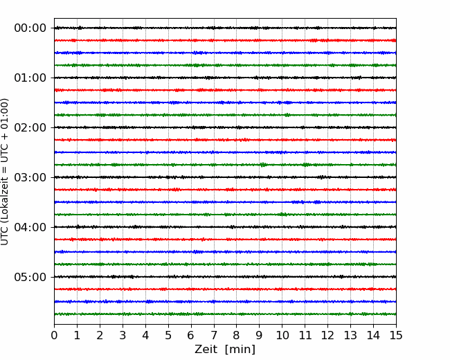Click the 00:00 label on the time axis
coord(30,28)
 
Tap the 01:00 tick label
coord(30,78)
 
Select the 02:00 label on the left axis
coord(30,128)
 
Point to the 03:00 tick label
coord(30,177)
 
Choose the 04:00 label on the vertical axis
coord(30,227)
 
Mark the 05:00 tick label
coord(30,277)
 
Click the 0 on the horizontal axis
coord(54,335)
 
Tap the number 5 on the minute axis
coord(168,335)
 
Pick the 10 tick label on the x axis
coord(282,335)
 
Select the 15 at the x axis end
coord(396,335)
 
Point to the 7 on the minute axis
coord(214,335)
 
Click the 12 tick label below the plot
coord(327,335)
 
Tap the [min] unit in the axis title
coord(240,350)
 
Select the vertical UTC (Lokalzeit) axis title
coord(5,172)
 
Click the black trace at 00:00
coord(225,28)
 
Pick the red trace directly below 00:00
coord(225,40)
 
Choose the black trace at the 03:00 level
coord(225,177)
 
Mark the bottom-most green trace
coord(225,314)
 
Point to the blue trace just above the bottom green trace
coord(225,302)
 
